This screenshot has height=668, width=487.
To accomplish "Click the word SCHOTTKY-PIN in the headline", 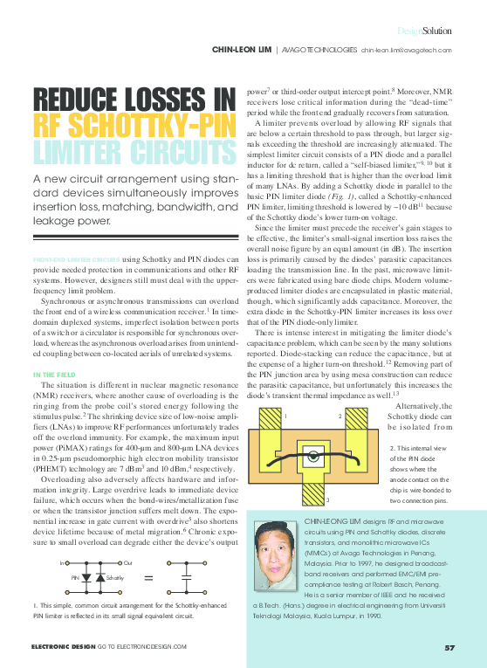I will pos(153,125).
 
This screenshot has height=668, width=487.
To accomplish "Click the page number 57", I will pos(449,647).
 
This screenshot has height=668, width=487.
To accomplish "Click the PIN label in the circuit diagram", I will pos(76,578).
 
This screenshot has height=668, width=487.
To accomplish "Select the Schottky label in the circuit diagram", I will pos(113,578).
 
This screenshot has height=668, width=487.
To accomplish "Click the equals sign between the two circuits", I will pos(147,577).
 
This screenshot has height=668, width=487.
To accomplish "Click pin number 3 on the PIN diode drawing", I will pos(326,499).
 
